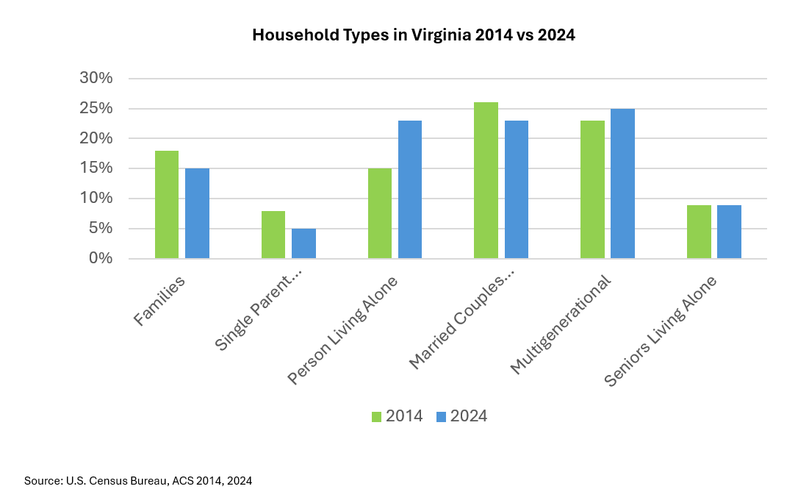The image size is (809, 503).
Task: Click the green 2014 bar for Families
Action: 167,204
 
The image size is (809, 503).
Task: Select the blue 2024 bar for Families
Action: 197,213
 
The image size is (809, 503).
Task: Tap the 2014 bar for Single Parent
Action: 273,235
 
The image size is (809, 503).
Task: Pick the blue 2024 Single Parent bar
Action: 303,243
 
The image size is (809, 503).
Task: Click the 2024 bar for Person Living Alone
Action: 410,190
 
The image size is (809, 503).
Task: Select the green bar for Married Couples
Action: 486,180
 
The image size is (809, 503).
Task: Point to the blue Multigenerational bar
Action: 622,184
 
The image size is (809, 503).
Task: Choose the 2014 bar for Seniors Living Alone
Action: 699,232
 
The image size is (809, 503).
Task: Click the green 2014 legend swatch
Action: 377,416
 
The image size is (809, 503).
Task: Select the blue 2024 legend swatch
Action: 441,416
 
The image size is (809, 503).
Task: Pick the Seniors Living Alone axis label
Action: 660,331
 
